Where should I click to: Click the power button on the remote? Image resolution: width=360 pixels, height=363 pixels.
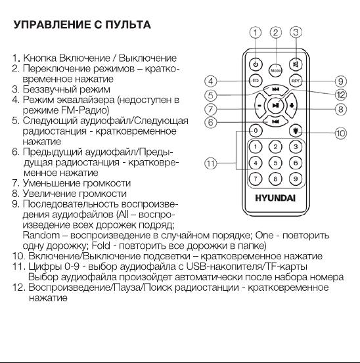(x=256, y=64)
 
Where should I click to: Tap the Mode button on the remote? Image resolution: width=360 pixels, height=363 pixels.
(x=275, y=70)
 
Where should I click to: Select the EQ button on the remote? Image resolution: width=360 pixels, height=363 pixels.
(x=256, y=81)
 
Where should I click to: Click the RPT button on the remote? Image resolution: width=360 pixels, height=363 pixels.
(x=296, y=81)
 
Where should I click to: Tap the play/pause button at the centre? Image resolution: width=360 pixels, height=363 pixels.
(x=275, y=106)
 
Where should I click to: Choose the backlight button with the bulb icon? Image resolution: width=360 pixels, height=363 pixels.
(x=296, y=131)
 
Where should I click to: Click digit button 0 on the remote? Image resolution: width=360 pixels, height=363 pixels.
(x=256, y=131)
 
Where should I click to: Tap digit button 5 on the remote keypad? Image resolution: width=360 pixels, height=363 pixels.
(x=275, y=163)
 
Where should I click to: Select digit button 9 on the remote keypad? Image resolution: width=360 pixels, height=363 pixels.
(x=296, y=179)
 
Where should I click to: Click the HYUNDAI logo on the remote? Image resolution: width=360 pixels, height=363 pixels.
(x=275, y=198)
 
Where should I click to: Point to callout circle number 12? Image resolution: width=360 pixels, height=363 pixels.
(x=341, y=95)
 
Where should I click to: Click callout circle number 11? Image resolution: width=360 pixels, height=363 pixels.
(x=211, y=163)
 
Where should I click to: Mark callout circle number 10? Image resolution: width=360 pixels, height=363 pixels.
(x=341, y=133)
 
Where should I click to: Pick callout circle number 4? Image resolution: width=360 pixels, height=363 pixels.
(x=211, y=81)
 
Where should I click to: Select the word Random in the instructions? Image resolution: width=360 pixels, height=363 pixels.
(x=41, y=235)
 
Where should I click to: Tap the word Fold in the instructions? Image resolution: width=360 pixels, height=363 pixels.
(x=101, y=246)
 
